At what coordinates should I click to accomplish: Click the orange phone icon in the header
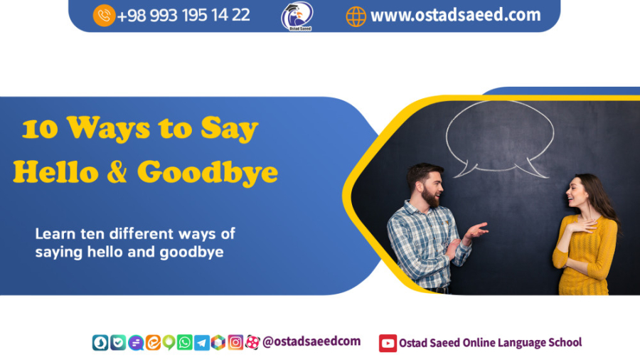click(x=104, y=15)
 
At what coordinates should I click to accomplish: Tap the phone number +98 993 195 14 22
click(x=183, y=15)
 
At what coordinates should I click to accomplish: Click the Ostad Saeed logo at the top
click(x=297, y=16)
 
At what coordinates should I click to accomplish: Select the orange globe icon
click(x=356, y=16)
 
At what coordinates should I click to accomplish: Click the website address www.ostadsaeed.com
click(x=455, y=15)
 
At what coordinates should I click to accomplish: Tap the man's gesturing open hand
click(x=476, y=231)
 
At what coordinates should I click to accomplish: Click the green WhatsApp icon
click(x=185, y=342)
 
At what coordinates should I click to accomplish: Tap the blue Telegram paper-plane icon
click(x=202, y=342)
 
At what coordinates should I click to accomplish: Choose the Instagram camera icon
click(x=235, y=342)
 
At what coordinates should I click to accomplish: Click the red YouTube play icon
click(x=388, y=343)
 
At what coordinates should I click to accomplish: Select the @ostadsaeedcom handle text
click(x=311, y=342)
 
